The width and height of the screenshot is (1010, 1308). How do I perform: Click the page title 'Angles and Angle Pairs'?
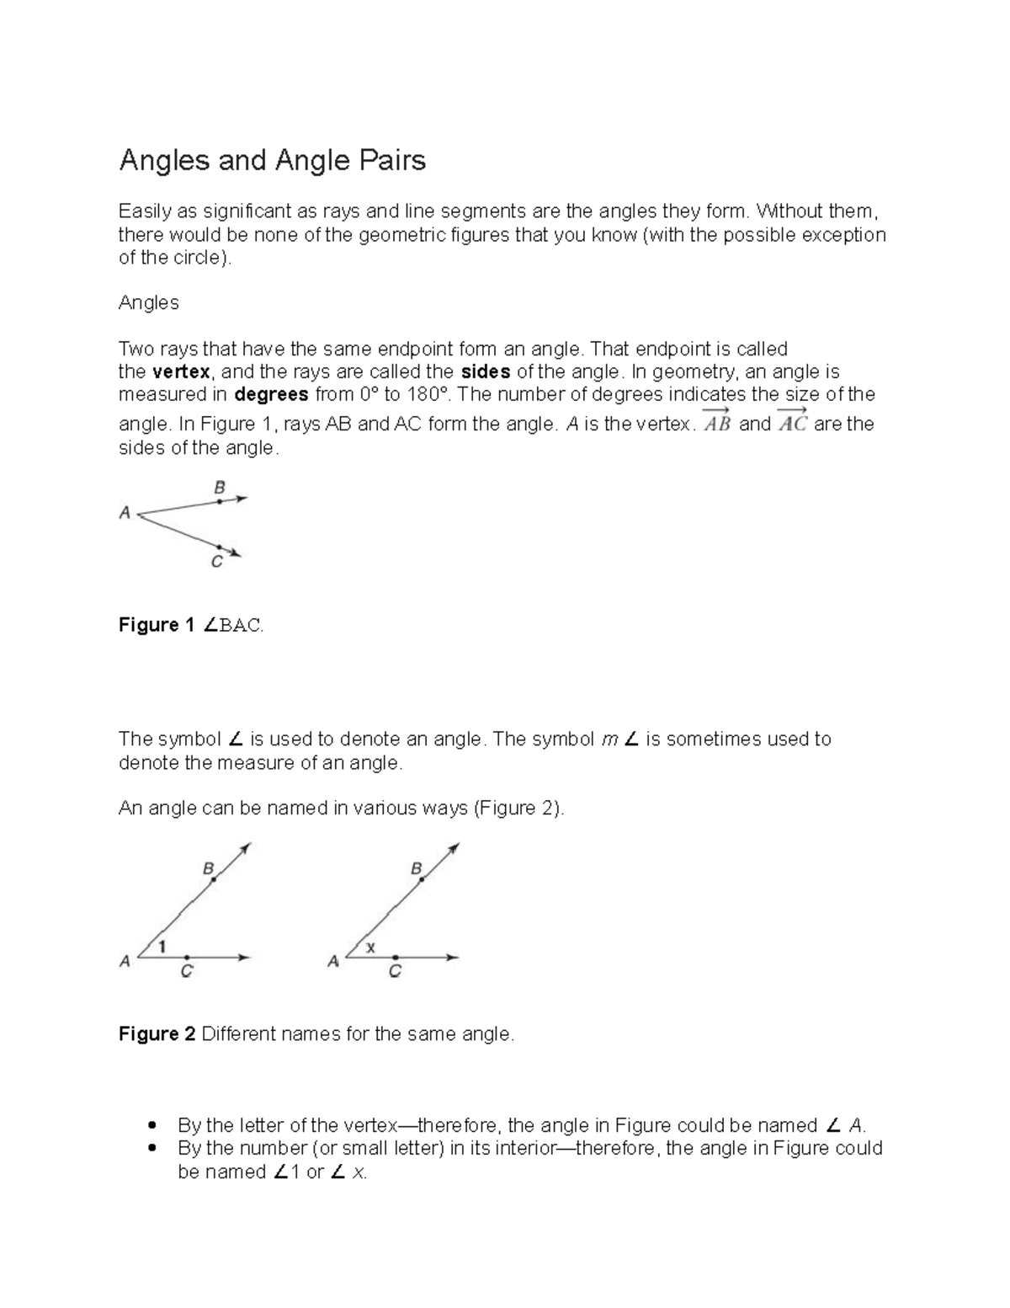pos(272,160)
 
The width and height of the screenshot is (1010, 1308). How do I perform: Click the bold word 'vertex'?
pos(181,372)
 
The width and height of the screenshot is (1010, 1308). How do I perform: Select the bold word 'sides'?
pos(486,372)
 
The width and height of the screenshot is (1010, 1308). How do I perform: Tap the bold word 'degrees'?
pos(271,395)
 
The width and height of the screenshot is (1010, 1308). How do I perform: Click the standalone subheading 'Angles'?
pos(148,303)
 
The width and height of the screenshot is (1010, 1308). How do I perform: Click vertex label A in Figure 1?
pos(125,512)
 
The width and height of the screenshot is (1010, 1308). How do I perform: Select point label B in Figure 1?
pos(220,487)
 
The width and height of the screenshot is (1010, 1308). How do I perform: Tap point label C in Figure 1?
pos(216,562)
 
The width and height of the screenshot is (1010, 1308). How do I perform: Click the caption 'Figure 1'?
pos(149,626)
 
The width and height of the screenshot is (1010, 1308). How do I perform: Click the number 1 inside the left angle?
pos(162,947)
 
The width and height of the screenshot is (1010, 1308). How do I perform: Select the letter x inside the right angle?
pos(370,948)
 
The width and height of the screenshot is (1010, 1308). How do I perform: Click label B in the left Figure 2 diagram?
pos(208,868)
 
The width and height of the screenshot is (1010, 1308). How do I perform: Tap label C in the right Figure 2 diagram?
pos(394,972)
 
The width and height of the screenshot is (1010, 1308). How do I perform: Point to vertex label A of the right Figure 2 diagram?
pos(333,961)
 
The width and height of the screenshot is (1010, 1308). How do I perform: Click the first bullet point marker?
pos(151,1126)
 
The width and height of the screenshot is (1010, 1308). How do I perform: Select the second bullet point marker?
pos(151,1149)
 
